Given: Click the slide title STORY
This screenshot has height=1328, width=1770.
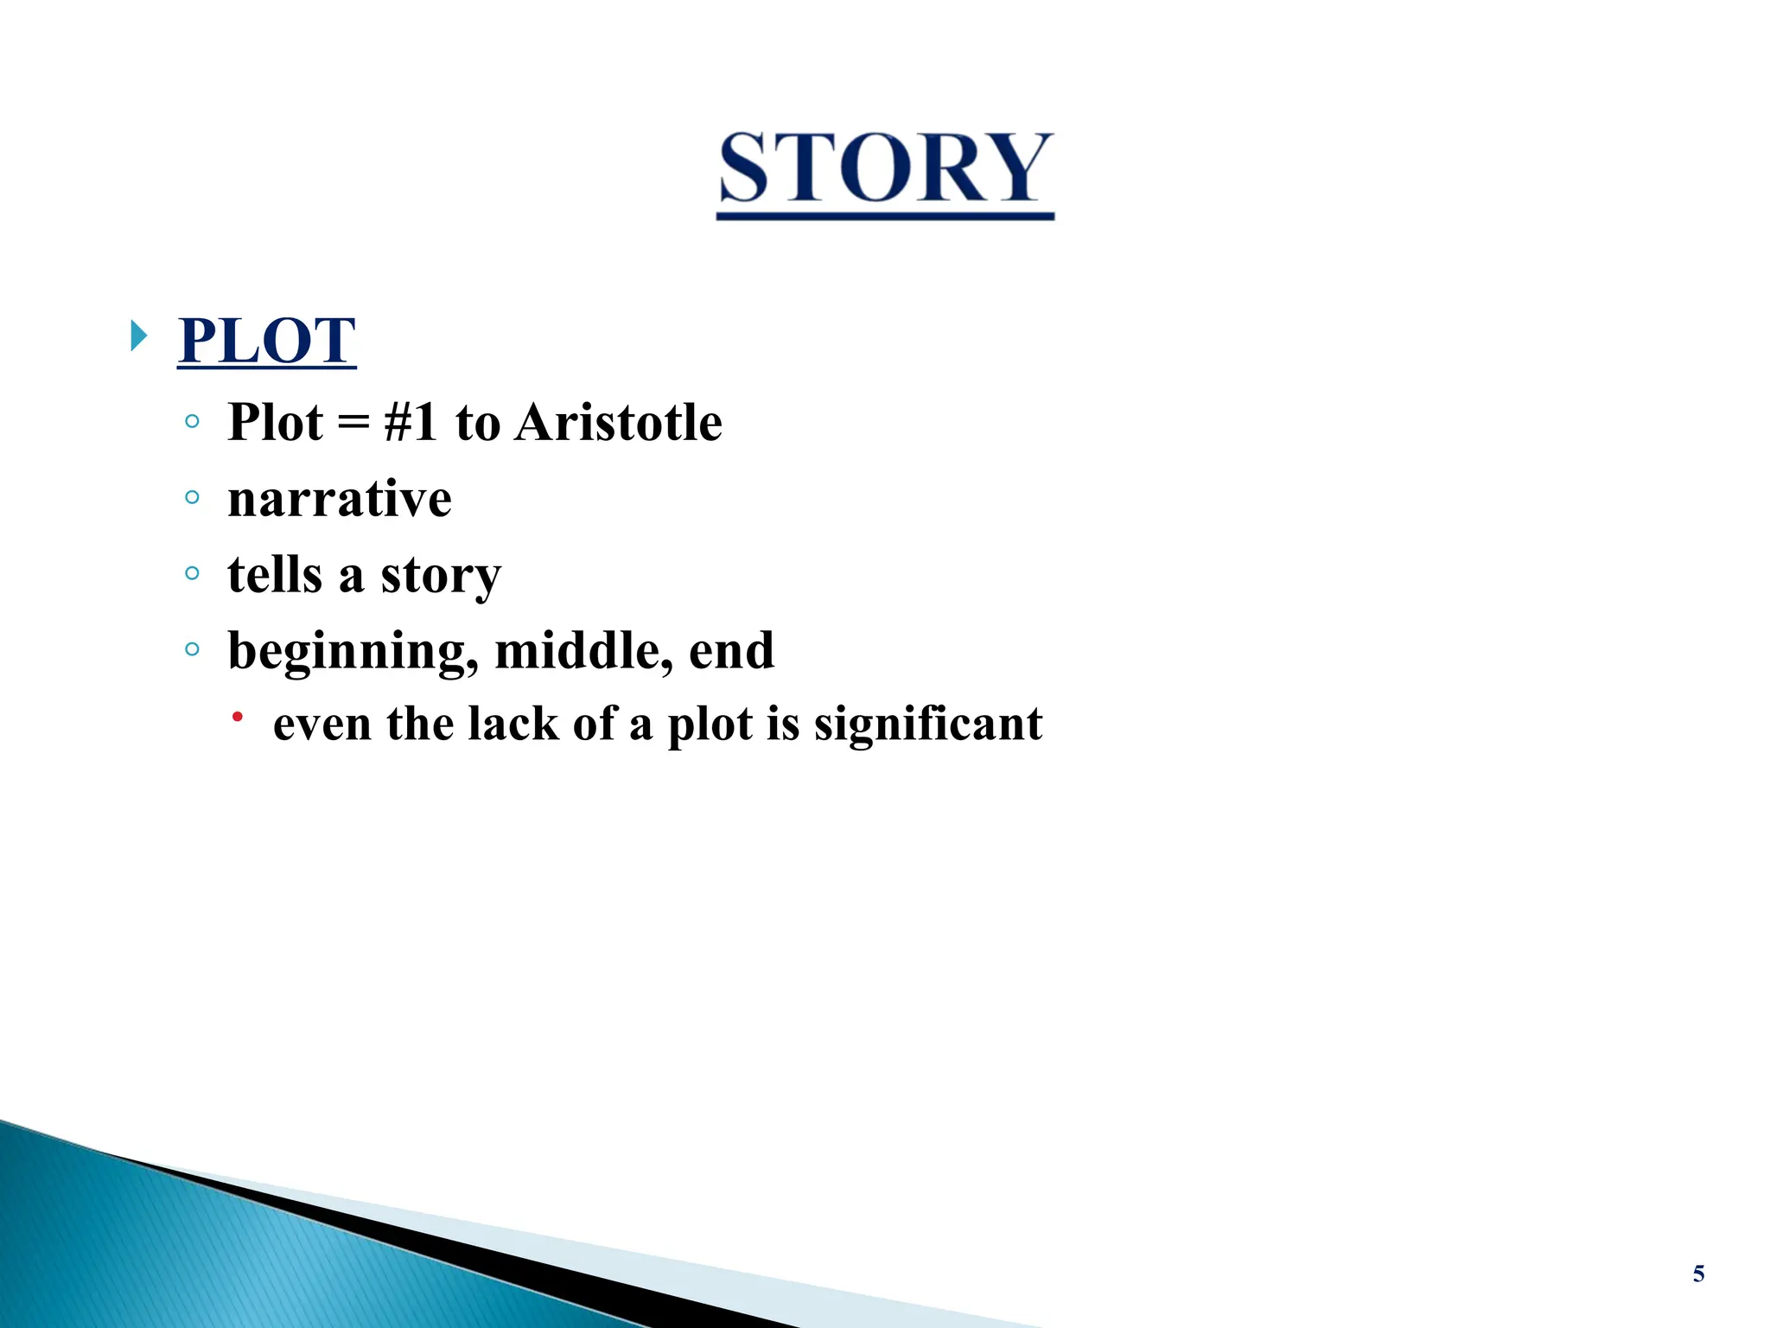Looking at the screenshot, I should [x=885, y=169].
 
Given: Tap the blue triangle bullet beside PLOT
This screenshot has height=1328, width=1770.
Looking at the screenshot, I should [x=138, y=335].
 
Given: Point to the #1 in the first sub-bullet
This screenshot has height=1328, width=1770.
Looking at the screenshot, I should [x=411, y=423].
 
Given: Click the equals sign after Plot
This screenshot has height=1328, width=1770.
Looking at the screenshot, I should [x=353, y=424].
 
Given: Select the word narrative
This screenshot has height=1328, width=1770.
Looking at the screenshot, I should [x=340, y=499].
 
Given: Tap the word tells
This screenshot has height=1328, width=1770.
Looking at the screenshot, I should [x=274, y=574].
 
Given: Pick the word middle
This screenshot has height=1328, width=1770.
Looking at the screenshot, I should [x=583, y=650].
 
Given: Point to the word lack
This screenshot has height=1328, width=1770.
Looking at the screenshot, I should [x=513, y=724].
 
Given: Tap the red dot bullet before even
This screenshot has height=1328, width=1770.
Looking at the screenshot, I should [x=237, y=717].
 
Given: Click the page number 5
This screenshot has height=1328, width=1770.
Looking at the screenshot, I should [x=1698, y=1274].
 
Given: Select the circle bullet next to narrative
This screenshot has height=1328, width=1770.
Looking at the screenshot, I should [x=192, y=497].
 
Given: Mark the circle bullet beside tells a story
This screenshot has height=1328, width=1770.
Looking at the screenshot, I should [x=192, y=572].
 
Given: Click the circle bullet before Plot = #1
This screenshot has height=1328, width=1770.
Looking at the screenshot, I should [x=192, y=422].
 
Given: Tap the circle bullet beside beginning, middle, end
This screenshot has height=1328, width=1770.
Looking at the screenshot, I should [x=192, y=648].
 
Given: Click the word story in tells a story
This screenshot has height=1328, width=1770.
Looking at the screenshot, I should [x=441, y=576].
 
